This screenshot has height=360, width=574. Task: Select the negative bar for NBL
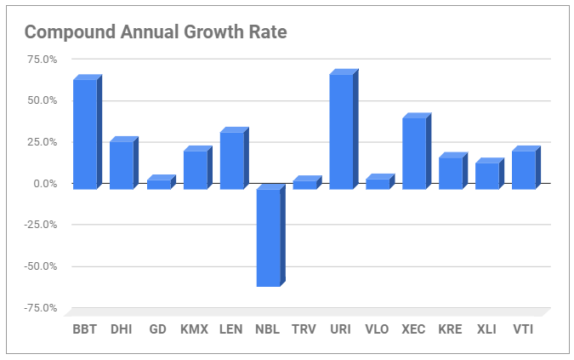point(268,237)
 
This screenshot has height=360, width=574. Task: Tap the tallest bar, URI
point(341,131)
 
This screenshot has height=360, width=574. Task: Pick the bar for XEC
point(414,153)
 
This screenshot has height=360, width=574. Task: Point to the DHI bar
point(122,165)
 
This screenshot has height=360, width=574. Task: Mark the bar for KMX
point(195,169)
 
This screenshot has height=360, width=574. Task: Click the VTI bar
point(524,169)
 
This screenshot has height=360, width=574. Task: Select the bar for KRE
point(451,173)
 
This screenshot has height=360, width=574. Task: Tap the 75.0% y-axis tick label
point(42,60)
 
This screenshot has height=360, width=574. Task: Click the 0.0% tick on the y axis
point(45,184)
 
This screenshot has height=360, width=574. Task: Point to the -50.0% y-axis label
point(40,266)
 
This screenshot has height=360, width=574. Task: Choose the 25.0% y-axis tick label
point(42,142)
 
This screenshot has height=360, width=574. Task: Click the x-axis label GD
point(157,329)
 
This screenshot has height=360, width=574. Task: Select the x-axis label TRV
point(304,329)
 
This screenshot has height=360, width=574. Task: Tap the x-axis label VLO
point(377,329)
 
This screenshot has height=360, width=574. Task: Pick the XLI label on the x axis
point(486,329)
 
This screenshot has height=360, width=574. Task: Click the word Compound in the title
point(65,32)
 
